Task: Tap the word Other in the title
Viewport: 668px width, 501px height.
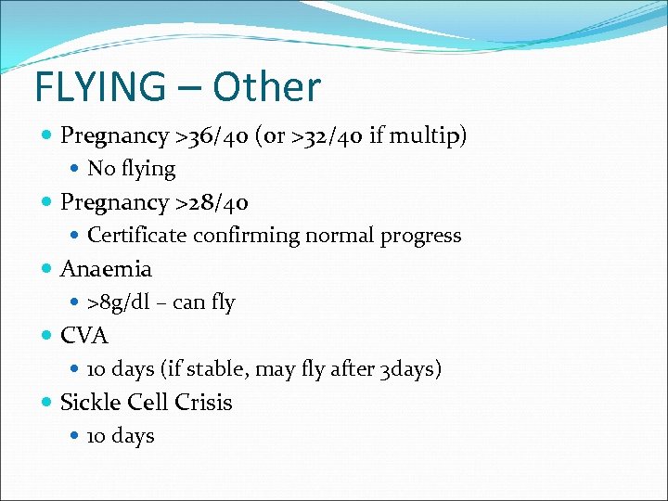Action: (266, 87)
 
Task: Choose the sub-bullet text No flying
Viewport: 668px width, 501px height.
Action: (131, 169)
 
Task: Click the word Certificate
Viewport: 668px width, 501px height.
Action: (137, 236)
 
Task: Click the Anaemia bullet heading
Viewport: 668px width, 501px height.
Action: (106, 269)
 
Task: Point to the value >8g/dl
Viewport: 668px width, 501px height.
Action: (116, 302)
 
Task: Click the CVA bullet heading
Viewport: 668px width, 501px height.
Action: (83, 336)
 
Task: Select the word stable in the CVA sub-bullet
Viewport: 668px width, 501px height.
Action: (214, 369)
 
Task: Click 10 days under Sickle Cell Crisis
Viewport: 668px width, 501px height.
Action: (121, 436)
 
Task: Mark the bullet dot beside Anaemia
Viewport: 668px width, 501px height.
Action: (47, 270)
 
